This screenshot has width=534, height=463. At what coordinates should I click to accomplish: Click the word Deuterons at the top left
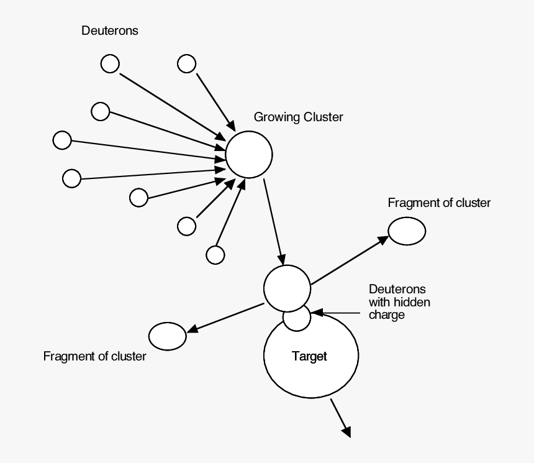pos(110,31)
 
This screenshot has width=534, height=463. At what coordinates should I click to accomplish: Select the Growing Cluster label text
pos(298,117)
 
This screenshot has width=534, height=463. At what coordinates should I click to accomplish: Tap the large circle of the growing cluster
pos(249,155)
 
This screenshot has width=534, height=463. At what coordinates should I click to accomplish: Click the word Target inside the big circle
pos(309,357)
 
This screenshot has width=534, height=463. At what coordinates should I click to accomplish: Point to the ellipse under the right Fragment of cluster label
pos(407,231)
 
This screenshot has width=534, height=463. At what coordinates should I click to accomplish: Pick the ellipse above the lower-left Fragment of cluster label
pos(167,336)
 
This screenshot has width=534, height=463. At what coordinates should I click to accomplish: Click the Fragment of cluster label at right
pos(438,203)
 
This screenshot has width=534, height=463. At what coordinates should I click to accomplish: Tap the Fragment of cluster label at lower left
pos(94,357)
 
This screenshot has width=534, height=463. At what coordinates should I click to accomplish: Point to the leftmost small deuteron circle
pos(62,140)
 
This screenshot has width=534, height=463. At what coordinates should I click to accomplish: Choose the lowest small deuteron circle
pos(215,255)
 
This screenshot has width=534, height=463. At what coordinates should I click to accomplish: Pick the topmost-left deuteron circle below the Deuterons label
pos(110,63)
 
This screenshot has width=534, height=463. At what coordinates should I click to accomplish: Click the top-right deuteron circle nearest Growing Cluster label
pos(186,63)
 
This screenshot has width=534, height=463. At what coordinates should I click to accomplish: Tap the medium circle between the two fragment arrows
pos(287,288)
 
